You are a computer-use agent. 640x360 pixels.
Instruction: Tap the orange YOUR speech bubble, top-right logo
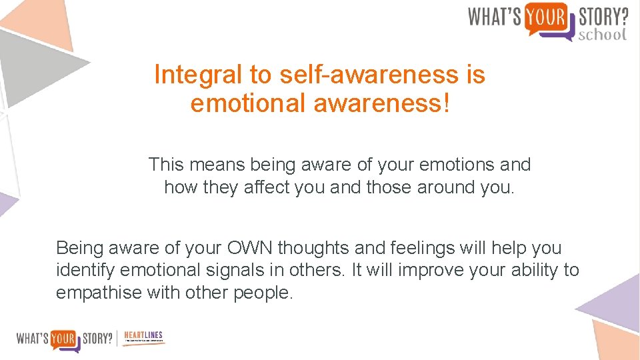[546, 17]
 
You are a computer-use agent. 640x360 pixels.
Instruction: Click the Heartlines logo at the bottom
[143, 338]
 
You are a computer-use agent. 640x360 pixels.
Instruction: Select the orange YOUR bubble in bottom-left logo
[65, 338]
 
